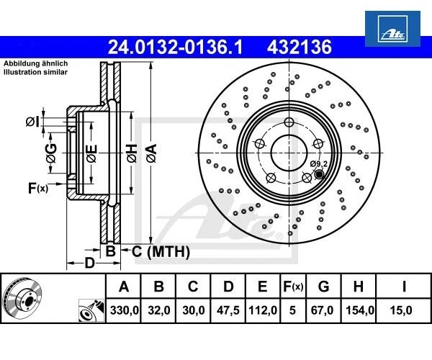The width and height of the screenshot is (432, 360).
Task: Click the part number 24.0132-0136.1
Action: [x=174, y=48]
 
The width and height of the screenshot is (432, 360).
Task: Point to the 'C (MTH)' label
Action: [x=160, y=251]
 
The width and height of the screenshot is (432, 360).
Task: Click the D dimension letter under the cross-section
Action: [x=89, y=263]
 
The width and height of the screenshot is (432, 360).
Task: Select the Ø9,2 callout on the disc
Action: [x=318, y=164]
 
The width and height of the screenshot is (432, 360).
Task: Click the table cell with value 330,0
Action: [x=123, y=312]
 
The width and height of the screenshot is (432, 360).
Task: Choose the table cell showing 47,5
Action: [x=228, y=312]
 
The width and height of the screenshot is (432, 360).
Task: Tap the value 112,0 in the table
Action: [x=262, y=312]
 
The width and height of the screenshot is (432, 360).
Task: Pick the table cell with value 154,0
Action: [x=357, y=312]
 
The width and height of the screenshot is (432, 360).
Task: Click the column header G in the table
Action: [x=323, y=287]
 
